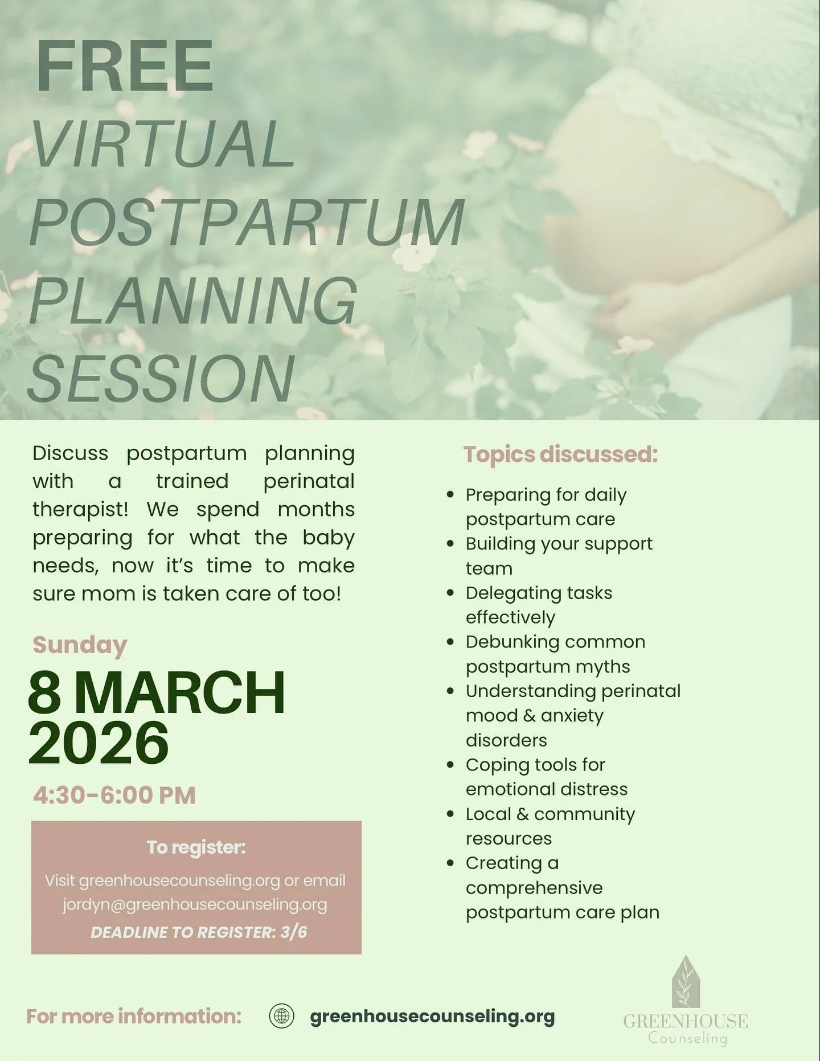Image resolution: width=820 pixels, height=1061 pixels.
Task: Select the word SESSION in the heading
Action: [x=161, y=378]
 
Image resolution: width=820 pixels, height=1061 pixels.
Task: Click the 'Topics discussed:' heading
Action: [x=560, y=454]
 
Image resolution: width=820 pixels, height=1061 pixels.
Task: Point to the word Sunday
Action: [x=80, y=645]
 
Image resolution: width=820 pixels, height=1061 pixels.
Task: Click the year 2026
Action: [x=99, y=743]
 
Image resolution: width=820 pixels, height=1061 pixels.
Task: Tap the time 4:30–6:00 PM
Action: [x=114, y=795]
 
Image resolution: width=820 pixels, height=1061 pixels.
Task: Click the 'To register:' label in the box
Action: [x=196, y=847]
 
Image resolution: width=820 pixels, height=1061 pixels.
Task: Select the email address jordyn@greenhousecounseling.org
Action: [x=195, y=904]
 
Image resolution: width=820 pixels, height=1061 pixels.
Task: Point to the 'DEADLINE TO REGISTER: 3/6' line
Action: [x=199, y=932]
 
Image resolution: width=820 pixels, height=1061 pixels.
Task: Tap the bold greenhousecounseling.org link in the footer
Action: [x=432, y=1017]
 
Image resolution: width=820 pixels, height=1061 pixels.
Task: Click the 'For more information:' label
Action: [x=134, y=1017]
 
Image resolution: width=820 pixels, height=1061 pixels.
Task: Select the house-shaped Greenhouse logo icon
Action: [x=686, y=982]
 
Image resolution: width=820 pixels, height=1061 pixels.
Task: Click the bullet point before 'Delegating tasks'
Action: [x=450, y=593]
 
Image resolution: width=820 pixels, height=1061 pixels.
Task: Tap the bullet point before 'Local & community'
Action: [x=450, y=814]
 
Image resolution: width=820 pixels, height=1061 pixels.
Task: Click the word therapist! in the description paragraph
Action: [x=80, y=509]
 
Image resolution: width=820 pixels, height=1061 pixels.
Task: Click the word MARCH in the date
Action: [x=179, y=693]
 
